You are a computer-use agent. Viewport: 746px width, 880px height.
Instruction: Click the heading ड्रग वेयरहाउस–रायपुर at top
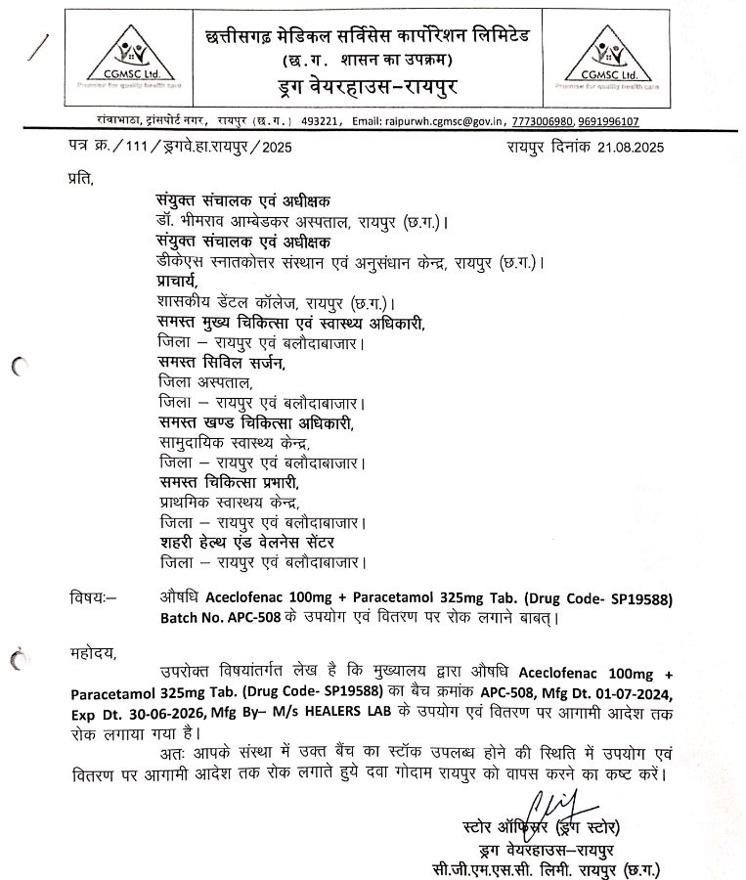coord(373,89)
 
